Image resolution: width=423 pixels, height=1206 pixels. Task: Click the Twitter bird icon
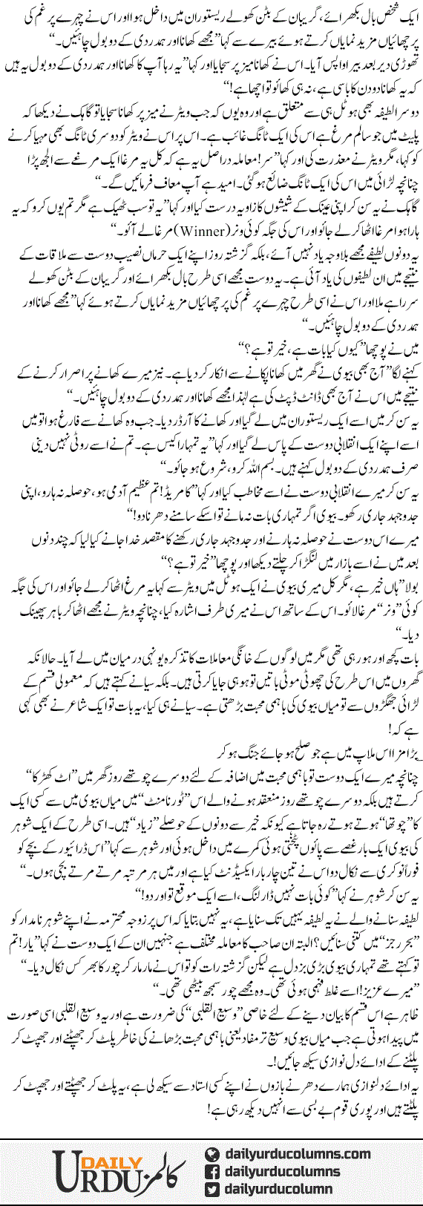point(212,1190)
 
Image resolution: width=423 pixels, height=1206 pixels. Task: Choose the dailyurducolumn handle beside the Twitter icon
point(278,1190)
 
